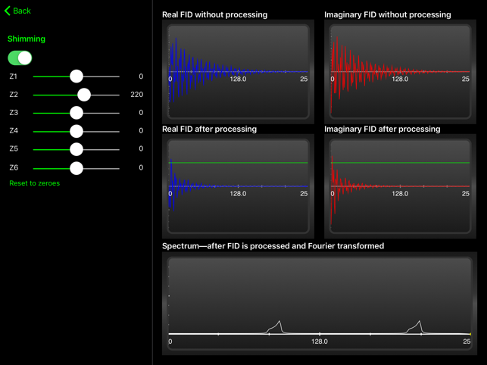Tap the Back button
[17, 11]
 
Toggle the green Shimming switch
[20, 58]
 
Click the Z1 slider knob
[76, 76]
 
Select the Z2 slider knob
[84, 95]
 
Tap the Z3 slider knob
[76, 113]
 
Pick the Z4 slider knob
[76, 131]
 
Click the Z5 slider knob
[76, 149]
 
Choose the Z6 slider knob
[76, 167]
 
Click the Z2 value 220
[136, 95]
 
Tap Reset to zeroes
[34, 183]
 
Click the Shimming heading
[27, 39]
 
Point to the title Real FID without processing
[214, 14]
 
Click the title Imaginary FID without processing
[387, 14]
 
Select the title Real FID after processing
[209, 129]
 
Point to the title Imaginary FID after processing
[382, 129]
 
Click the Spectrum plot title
[273, 246]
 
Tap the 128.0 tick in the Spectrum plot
[320, 342]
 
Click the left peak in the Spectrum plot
[279, 325]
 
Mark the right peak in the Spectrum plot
[418, 325]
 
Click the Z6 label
[14, 167]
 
